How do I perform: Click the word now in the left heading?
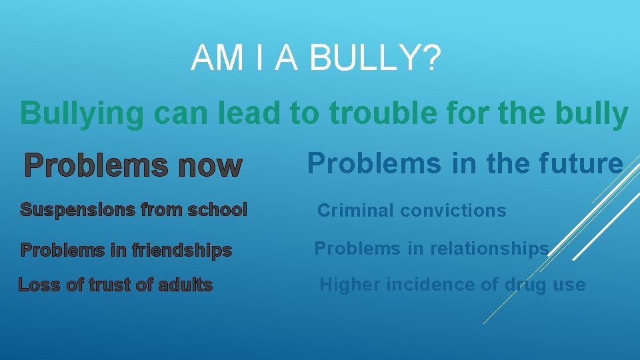coord(209,165)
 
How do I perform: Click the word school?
coord(217,210)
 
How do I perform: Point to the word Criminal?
coord(351,211)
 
